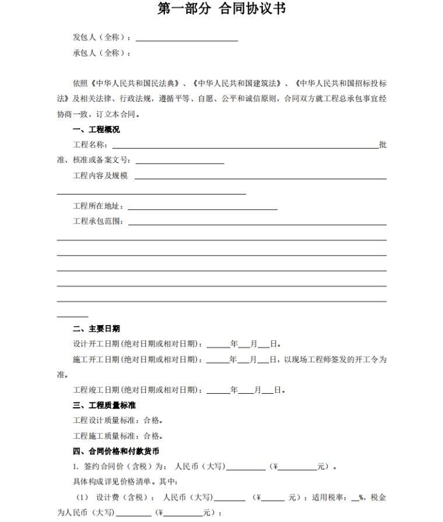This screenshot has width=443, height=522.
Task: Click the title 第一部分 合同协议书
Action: (221, 9)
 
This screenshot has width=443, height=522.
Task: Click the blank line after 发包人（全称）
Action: (187, 38)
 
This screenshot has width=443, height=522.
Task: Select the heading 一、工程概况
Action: (96, 129)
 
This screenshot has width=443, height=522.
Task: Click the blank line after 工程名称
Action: (245, 146)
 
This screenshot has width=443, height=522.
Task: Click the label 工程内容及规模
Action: (100, 175)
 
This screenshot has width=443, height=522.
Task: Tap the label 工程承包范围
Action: (98, 221)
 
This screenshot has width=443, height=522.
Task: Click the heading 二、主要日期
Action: (96, 329)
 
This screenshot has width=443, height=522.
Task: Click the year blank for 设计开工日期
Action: (218, 344)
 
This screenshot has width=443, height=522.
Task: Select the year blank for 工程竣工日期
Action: (218, 390)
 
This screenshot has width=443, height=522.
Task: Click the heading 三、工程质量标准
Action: (104, 405)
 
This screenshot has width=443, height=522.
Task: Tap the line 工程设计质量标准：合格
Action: (117, 420)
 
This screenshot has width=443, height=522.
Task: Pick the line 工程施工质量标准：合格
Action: (117, 436)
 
